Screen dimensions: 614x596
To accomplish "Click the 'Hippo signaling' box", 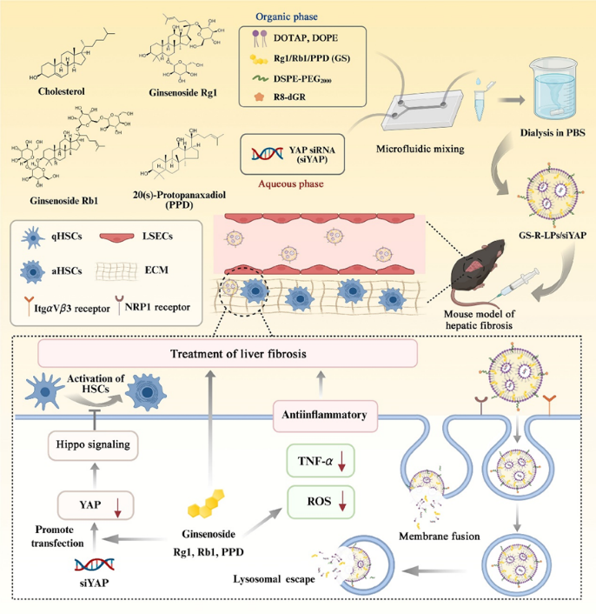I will coord(95,445).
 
